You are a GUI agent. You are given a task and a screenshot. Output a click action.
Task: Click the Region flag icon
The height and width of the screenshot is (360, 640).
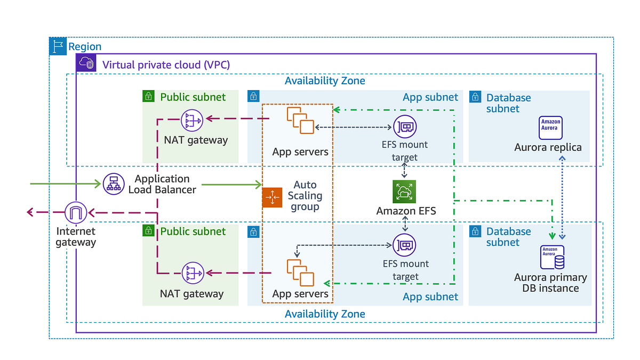point(58,46)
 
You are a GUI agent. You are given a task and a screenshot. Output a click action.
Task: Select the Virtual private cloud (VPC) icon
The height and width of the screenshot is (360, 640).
point(86,63)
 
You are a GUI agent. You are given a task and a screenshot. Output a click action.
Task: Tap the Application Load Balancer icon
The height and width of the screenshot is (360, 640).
point(113,184)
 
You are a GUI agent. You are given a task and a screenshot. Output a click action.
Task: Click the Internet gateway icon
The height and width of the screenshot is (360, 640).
point(75,213)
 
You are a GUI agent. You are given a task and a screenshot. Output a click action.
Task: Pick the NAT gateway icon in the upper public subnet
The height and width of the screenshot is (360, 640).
point(191,121)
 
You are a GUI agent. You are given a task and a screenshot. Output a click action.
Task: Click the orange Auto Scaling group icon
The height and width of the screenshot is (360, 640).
point(272,197)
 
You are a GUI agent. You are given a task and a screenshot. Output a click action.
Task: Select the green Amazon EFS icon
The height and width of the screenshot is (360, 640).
point(404,191)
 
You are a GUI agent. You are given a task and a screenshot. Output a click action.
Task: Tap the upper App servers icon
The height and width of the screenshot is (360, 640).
point(300,121)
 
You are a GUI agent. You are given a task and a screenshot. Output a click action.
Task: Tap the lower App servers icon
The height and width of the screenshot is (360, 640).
point(300,272)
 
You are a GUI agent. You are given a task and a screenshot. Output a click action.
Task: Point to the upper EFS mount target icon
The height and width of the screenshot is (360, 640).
point(405,127)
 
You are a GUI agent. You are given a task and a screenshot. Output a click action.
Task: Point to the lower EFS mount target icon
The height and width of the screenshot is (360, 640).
point(405,245)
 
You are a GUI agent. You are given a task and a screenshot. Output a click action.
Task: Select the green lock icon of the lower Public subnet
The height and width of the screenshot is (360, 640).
point(148,230)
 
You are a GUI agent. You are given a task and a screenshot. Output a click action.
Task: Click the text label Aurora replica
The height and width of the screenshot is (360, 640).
point(548,147)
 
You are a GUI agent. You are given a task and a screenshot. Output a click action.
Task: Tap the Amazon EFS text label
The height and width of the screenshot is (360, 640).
point(406,211)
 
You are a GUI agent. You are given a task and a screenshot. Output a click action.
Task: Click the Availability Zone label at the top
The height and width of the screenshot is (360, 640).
point(325,81)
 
